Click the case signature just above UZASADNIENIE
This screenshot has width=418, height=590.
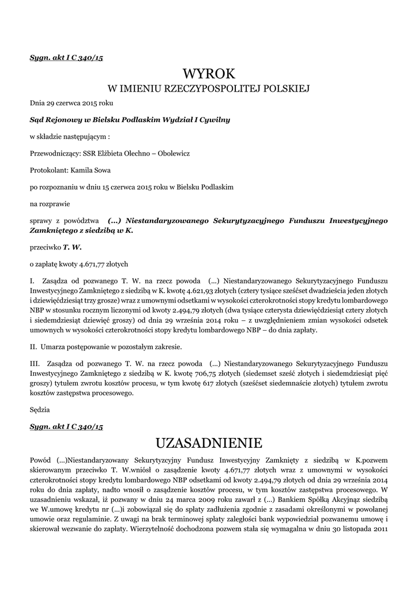point(66,426)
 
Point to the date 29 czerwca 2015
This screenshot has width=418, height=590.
point(72,103)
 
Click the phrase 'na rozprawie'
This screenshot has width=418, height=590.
point(49,203)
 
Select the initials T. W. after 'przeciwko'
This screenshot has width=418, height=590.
point(73,247)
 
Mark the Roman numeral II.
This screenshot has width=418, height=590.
point(33,347)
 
